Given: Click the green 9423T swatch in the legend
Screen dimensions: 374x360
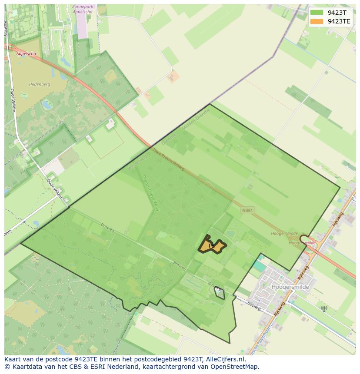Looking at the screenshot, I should pyautogui.click(x=317, y=13).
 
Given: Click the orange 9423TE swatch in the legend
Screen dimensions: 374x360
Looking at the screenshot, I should pyautogui.click(x=317, y=21).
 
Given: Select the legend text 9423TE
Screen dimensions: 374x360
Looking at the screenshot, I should pyautogui.click(x=339, y=21).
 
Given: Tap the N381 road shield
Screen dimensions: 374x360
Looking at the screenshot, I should pyautogui.click(x=247, y=210).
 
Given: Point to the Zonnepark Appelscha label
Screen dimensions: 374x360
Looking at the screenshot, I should pyautogui.click(x=84, y=10).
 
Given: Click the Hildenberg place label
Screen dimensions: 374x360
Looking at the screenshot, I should pyautogui.click(x=40, y=84).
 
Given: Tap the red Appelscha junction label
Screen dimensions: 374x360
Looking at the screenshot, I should pyautogui.click(x=26, y=54).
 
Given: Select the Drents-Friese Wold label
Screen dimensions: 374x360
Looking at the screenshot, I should pyautogui.click(x=150, y=193).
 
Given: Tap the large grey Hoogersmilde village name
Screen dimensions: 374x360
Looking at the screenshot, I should pyautogui.click(x=290, y=287).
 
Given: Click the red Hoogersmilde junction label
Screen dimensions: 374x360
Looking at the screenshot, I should pyautogui.click(x=303, y=243).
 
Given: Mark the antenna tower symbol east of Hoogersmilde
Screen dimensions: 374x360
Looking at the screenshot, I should pyautogui.click(x=323, y=309).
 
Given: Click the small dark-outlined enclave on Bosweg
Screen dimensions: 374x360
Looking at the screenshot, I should pyautogui.click(x=220, y=294).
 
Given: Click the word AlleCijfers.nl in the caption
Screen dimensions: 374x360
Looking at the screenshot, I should pyautogui.click(x=225, y=360).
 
